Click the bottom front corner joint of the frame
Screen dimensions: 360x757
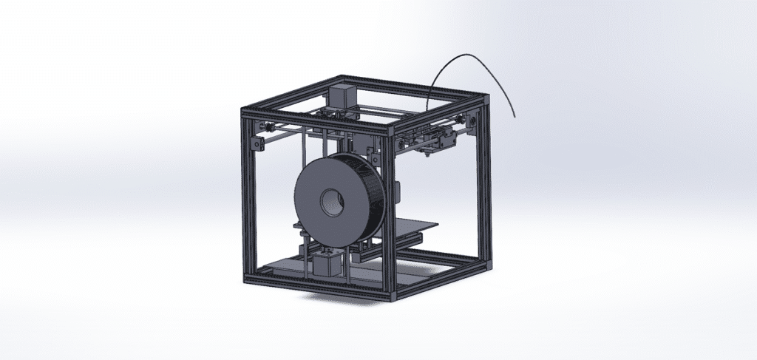pos(393,295)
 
